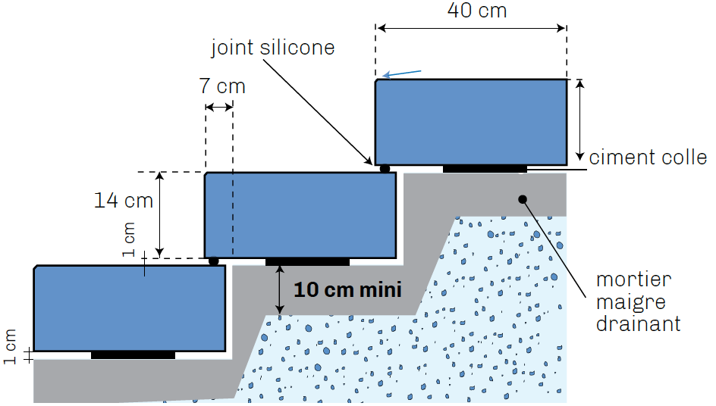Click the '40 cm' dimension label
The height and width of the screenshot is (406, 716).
(477, 11)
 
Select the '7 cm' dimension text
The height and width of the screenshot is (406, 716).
(222, 86)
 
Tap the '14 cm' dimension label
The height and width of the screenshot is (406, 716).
(124, 200)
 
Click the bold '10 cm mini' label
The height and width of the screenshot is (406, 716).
(347, 289)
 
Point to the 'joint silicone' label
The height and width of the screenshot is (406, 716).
(273, 48)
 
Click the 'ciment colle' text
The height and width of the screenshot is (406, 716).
(648, 158)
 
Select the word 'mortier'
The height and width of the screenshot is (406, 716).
(634, 280)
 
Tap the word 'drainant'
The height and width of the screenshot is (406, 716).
(639, 323)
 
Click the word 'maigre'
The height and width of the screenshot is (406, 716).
(630, 302)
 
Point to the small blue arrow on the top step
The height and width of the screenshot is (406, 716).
(402, 73)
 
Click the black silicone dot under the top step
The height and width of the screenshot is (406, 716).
(385, 169)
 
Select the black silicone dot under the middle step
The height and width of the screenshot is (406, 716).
(213, 261)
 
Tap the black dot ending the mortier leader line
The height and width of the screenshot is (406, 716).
(523, 199)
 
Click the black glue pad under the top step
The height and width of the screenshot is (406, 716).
(485, 169)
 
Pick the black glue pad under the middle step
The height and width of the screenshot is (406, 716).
(307, 262)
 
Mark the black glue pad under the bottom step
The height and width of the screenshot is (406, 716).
(133, 355)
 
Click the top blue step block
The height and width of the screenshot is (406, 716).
(471, 122)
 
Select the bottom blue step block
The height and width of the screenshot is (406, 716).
(130, 308)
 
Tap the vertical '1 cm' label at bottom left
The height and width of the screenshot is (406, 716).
(10, 346)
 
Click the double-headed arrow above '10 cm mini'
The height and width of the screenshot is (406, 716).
(279, 290)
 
